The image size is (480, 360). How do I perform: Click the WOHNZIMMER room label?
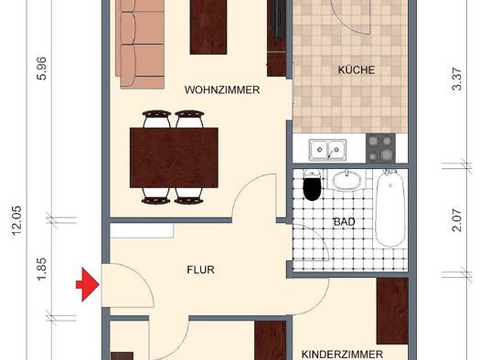222,90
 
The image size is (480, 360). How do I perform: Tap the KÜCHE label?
357,69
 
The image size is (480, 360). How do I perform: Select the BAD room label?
345,222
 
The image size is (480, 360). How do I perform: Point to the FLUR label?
201,270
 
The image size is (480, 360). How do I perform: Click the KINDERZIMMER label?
342,355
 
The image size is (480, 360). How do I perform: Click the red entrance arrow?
88,284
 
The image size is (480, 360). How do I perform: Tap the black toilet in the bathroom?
312,185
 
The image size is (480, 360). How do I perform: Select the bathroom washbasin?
347,180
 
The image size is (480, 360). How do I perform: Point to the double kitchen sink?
327,150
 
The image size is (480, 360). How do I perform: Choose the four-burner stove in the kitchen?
381,149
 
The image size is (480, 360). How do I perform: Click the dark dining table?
174,158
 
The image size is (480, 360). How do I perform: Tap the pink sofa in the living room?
140,44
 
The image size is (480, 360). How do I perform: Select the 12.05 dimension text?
16,220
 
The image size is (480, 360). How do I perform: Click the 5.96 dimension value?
41,69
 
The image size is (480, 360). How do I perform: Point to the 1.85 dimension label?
41,269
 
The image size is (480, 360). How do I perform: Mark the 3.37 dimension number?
456,79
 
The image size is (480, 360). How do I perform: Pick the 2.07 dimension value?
456,220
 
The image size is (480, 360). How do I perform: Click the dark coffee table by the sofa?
208,27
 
